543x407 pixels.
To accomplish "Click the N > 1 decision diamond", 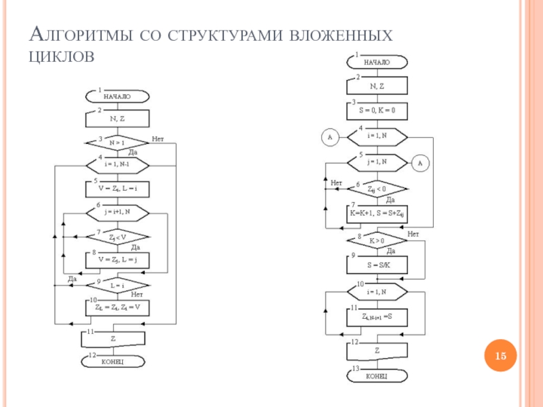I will click(x=117, y=142).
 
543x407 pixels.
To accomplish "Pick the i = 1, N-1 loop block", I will click(x=117, y=164).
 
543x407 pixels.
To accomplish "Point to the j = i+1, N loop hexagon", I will click(x=117, y=211).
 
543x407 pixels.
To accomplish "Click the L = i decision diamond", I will click(x=117, y=286).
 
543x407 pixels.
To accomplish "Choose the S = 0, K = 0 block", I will click(x=377, y=110).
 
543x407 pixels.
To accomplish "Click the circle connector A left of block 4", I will click(x=331, y=138).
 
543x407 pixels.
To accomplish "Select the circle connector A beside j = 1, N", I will click(x=419, y=163).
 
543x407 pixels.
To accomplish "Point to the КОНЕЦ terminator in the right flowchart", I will click(x=377, y=375).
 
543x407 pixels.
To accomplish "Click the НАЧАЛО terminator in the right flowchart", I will click(x=377, y=62).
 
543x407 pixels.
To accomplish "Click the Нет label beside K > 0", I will click(x=413, y=234).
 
